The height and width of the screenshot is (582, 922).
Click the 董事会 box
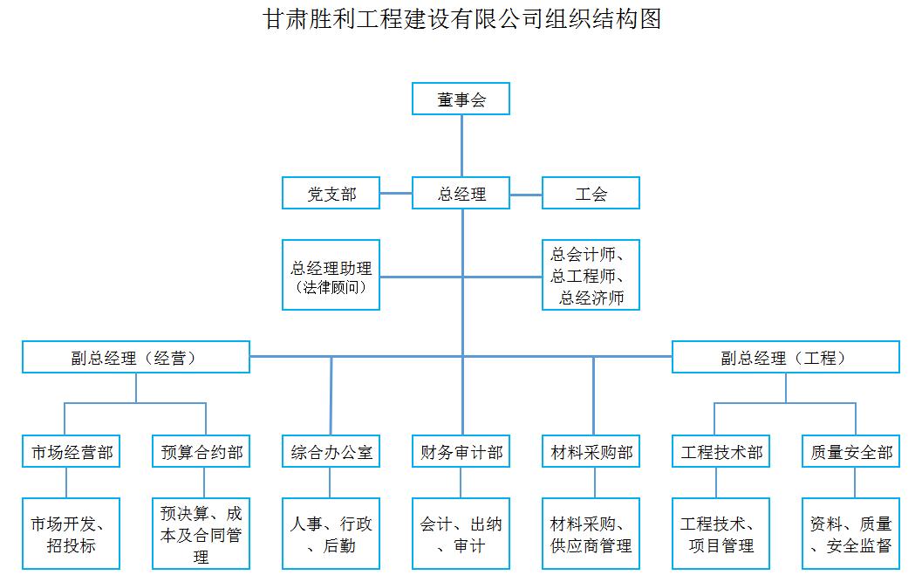click(461, 99)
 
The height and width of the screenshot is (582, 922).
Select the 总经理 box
click(461, 193)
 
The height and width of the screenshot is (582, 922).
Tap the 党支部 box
click(331, 193)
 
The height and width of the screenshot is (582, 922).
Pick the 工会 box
click(591, 193)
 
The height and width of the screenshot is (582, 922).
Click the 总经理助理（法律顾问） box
click(331, 275)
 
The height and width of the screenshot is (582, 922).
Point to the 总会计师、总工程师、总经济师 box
click(591, 275)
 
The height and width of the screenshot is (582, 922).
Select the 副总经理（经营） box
click(136, 357)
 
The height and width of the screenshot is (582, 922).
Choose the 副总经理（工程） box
click(786, 357)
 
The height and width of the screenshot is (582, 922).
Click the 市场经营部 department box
click(72, 451)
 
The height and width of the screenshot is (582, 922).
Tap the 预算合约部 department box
click(201, 451)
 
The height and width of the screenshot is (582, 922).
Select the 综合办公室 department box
click(331, 451)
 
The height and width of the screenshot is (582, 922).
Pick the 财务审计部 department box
click(461, 451)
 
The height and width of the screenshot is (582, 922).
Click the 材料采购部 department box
click(591, 451)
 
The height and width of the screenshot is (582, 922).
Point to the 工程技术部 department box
click(721, 451)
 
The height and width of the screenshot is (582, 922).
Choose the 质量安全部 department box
click(850, 451)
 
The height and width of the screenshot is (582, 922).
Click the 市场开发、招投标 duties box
click(72, 534)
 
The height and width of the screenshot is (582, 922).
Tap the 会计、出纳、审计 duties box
click(461, 534)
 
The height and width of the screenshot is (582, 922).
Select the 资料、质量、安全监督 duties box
click(850, 534)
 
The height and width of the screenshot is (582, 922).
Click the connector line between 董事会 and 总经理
click(461, 146)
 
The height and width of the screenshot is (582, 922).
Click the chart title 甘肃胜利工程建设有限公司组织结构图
click(461, 19)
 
